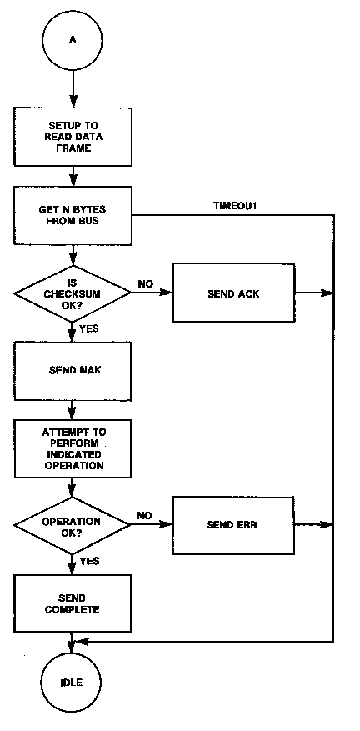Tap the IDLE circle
click(x=71, y=683)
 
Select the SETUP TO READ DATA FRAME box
click(x=72, y=138)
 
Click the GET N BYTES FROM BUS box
click(x=72, y=215)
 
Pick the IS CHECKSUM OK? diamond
click(x=72, y=293)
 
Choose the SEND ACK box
click(x=233, y=293)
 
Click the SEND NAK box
click(x=72, y=371)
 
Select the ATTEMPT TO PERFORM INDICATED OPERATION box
click(x=72, y=449)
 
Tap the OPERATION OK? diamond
click(x=72, y=525)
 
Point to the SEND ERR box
click(x=233, y=525)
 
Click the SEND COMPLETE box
click(x=72, y=603)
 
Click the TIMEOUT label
click(x=236, y=206)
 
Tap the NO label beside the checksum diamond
click(x=146, y=284)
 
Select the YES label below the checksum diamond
click(x=89, y=328)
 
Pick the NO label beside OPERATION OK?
click(x=145, y=516)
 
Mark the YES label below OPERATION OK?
click(x=89, y=561)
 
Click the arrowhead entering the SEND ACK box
click(x=167, y=293)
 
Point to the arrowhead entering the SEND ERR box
click(x=167, y=525)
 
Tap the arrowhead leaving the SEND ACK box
click(x=327, y=293)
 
